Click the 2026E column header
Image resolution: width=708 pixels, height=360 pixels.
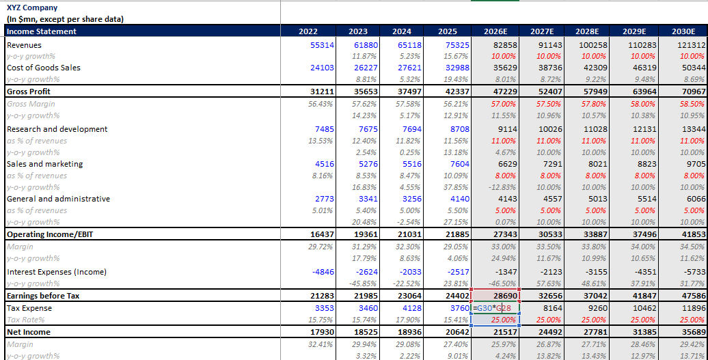[x=495, y=31]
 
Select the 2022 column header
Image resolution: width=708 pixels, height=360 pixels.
[x=308, y=31]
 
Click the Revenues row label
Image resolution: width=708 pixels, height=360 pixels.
[x=24, y=44]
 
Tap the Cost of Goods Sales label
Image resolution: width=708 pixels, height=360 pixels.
[x=43, y=68]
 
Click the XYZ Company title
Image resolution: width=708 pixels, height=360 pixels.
[x=31, y=7]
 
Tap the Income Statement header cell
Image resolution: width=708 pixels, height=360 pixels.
[x=42, y=31]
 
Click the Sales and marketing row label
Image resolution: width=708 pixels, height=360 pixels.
[x=44, y=164]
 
